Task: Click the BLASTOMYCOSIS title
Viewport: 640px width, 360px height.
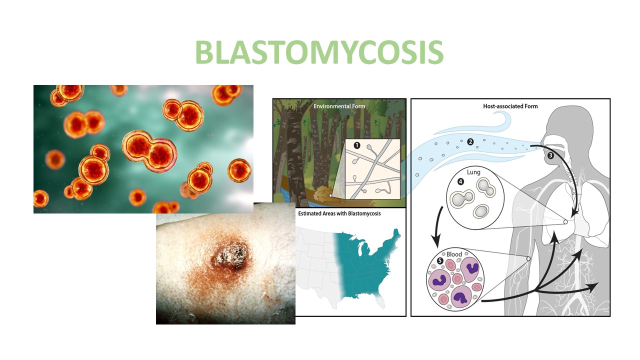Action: point(319,52)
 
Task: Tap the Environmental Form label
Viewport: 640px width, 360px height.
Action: point(339,106)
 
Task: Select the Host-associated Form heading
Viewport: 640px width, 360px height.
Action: point(510,106)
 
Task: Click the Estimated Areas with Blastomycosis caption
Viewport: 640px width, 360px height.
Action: point(339,213)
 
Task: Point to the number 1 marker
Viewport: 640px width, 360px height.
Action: point(356,145)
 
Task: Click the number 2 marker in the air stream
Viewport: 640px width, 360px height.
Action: point(470,141)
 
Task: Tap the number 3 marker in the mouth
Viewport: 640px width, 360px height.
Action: point(551,155)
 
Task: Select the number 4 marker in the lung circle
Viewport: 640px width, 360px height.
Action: point(460,181)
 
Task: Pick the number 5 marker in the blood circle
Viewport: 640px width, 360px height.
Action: point(440,261)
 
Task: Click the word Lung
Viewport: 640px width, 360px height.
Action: point(473,172)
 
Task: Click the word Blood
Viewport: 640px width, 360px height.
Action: point(454,254)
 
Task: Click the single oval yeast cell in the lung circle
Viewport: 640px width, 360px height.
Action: point(481,211)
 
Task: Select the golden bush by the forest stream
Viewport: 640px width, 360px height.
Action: point(323,194)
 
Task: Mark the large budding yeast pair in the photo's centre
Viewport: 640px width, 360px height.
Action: point(149,150)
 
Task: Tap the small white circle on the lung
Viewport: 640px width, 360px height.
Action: point(565,221)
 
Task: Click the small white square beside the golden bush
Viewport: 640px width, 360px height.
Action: point(330,195)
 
